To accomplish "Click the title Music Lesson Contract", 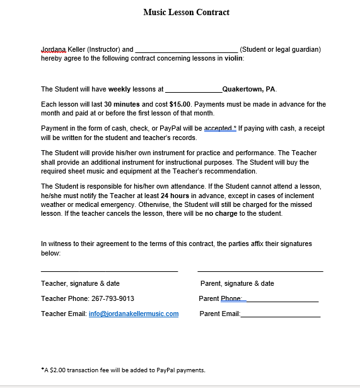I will tap(186, 12).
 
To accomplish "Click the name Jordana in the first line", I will tap(54, 49).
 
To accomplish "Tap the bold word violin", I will tap(233, 58).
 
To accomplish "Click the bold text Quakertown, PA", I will tap(249, 89).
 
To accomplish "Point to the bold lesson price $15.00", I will tap(180, 104).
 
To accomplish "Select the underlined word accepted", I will tap(218, 128).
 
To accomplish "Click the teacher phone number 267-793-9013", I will tap(113, 298).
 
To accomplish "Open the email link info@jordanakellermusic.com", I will tap(134, 314).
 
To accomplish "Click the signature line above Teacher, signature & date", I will tap(109, 271).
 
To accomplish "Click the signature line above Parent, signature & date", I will tap(260, 271).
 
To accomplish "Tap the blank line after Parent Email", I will tap(281, 315).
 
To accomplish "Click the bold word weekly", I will tap(119, 89).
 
